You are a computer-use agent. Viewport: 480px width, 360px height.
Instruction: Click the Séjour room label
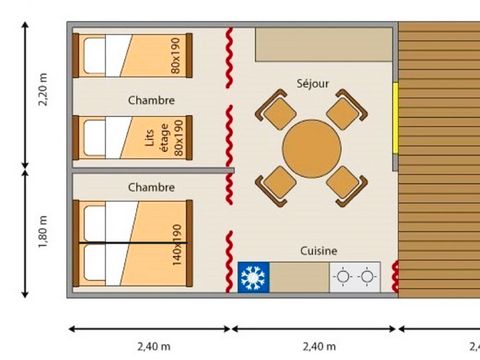tap(313, 85)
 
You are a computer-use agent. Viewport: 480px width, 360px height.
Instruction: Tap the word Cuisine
tap(319, 251)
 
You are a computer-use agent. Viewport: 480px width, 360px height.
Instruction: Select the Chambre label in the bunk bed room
tap(152, 101)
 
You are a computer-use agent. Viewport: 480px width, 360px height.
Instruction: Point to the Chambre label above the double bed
tap(152, 187)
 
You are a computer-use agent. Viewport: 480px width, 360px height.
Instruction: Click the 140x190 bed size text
tap(177, 244)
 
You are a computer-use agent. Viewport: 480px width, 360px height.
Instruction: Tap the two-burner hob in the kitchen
tap(356, 277)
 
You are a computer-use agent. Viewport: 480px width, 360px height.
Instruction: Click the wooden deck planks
tap(440, 160)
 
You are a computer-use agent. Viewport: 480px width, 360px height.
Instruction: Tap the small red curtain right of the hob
tap(394, 275)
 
